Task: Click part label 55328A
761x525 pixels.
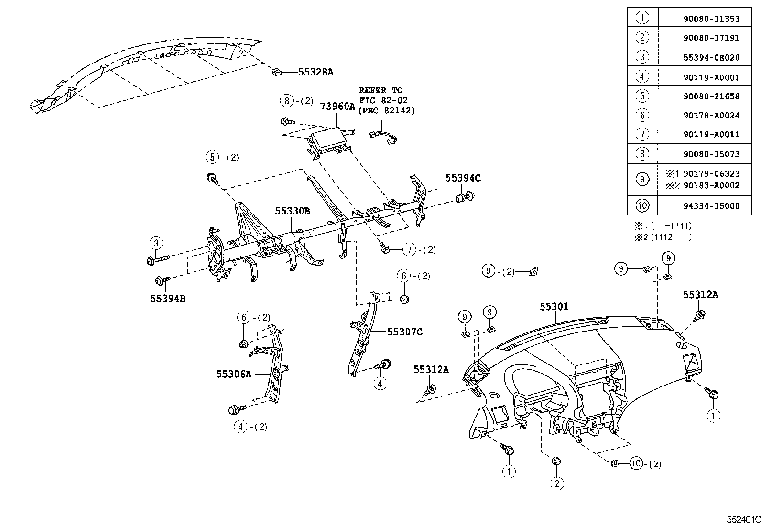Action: click(x=315, y=72)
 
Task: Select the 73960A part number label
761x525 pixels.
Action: click(x=337, y=106)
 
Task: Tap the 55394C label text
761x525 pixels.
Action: click(x=463, y=178)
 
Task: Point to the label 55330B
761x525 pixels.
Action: click(x=292, y=211)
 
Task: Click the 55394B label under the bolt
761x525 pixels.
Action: click(x=167, y=299)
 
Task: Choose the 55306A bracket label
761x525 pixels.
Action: click(x=233, y=374)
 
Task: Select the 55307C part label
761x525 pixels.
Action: click(x=404, y=332)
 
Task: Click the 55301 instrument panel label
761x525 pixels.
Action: click(x=554, y=306)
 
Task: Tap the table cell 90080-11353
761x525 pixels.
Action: click(x=711, y=19)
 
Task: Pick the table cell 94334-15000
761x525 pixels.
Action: click(x=711, y=206)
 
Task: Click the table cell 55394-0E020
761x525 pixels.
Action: click(x=711, y=58)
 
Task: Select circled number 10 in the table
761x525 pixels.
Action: click(x=642, y=206)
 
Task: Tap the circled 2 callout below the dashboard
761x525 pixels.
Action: click(x=557, y=483)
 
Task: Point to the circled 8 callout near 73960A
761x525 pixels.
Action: click(x=286, y=101)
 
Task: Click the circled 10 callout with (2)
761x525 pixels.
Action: click(x=635, y=463)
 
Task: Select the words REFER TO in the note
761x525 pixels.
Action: click(x=380, y=90)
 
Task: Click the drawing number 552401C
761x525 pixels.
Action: click(x=744, y=519)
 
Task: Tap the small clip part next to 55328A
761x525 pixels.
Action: click(x=276, y=72)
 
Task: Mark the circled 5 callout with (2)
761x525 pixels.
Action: click(x=212, y=157)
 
